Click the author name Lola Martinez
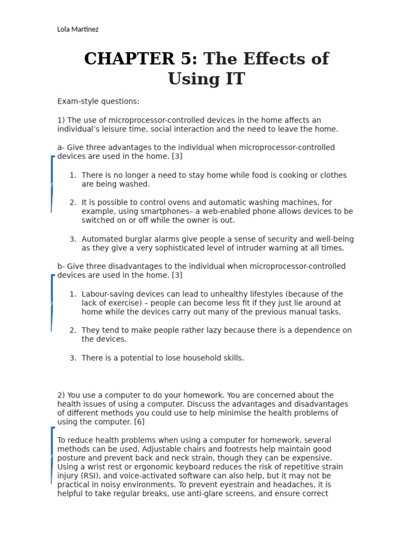[77, 29]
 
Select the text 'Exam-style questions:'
[98, 102]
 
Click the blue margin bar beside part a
[52, 184]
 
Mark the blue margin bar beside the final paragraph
[52, 455]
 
